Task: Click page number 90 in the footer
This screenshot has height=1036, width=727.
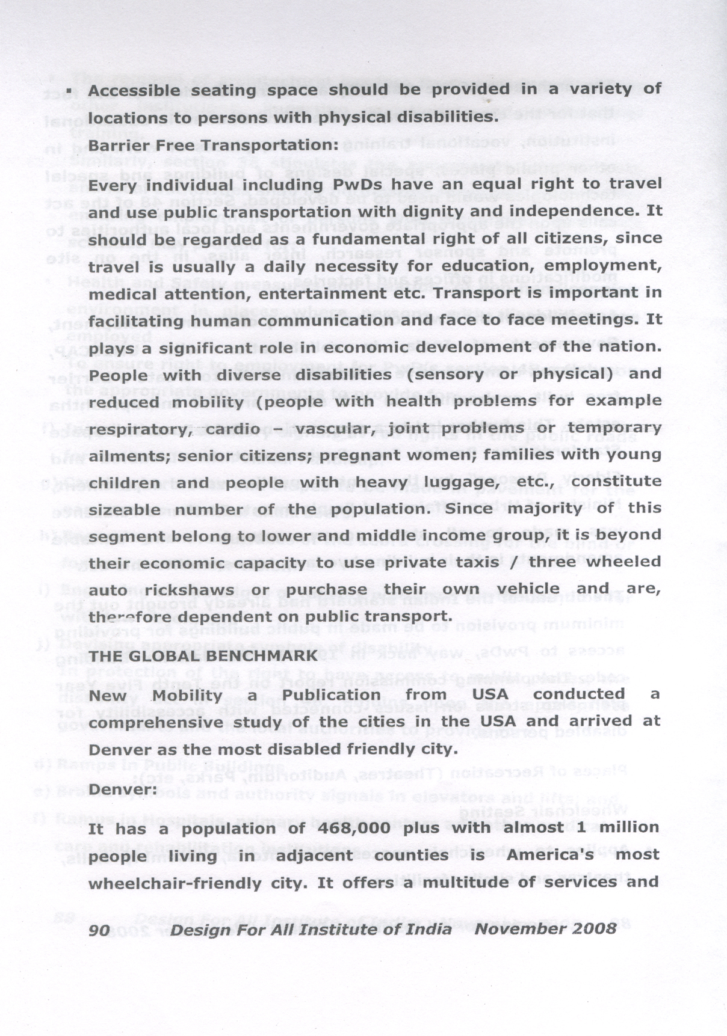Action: (x=99, y=930)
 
